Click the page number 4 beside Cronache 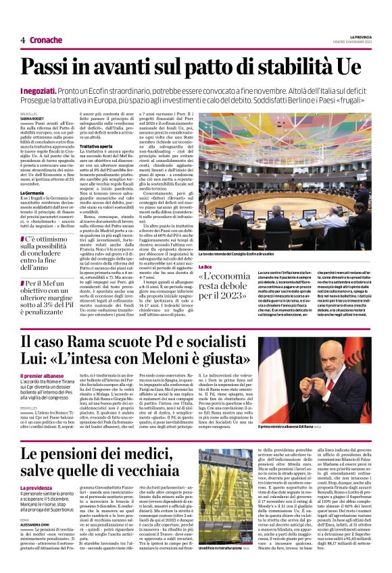coord(23,40)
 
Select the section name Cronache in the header coord(45,40)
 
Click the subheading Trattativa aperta coord(100,145)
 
